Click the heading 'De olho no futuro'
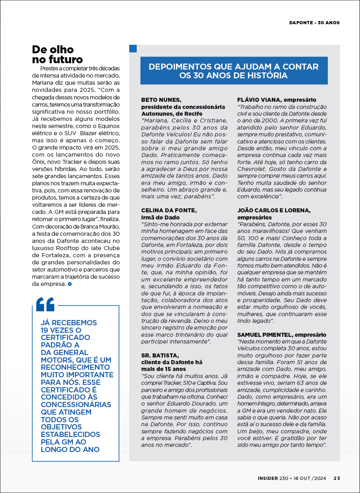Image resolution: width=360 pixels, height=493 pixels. pos(58,55)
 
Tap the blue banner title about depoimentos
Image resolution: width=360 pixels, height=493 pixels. pos(234,71)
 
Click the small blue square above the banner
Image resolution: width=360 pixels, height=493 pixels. pos(133,49)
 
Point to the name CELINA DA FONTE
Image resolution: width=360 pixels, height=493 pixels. pos(169,210)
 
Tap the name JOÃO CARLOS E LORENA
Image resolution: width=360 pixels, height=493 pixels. pos(274,210)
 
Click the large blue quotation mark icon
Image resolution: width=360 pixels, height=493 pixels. pos(45,304)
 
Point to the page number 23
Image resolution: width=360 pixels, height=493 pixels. pos(337,478)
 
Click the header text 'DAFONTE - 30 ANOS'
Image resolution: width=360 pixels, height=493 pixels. pos(314,23)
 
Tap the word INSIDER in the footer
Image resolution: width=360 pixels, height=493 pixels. pos(267,478)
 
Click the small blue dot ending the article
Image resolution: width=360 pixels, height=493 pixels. pos(70,284)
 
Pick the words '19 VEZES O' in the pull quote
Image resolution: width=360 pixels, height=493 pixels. pos(61,330)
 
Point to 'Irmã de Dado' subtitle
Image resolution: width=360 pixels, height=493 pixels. pos(161,217)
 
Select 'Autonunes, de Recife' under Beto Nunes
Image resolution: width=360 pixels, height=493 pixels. pos(172,114)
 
